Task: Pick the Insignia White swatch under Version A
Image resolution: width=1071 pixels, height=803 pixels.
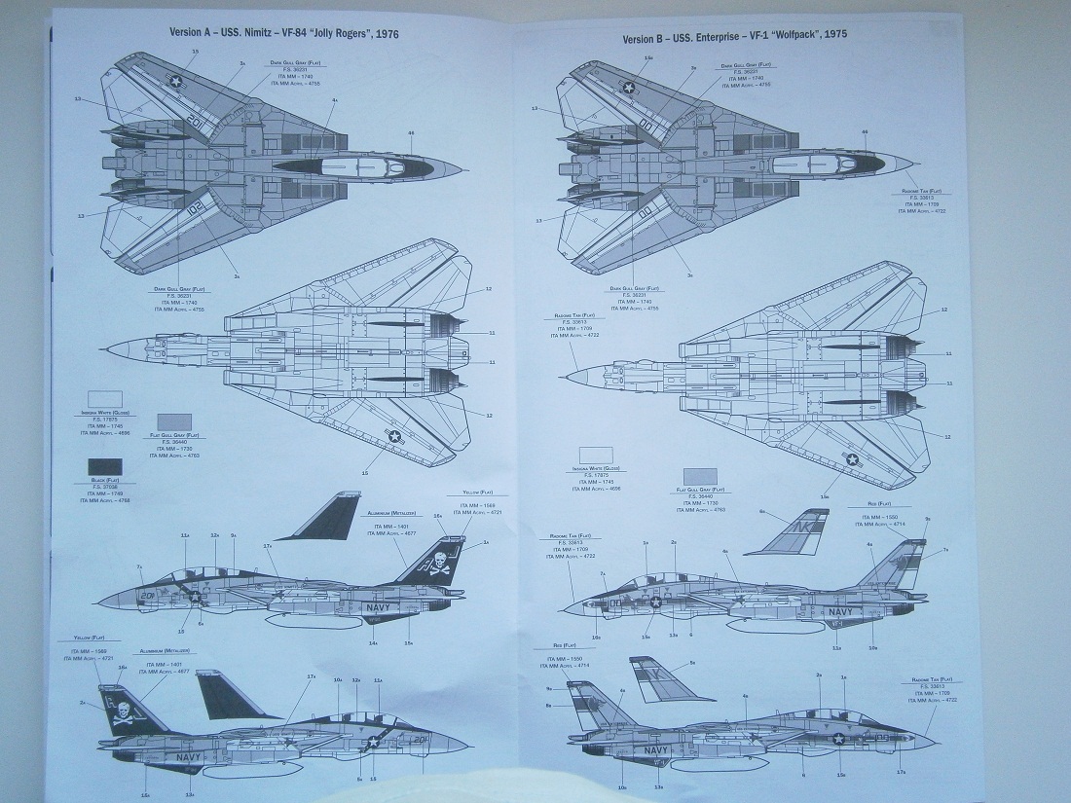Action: (105, 399)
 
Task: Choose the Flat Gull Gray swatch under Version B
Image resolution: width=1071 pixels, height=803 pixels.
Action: (699, 476)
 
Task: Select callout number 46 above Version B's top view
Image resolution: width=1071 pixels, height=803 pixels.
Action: (863, 131)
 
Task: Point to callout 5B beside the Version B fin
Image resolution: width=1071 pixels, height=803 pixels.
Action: (692, 663)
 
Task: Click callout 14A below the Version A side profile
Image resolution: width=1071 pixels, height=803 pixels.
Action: (373, 642)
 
